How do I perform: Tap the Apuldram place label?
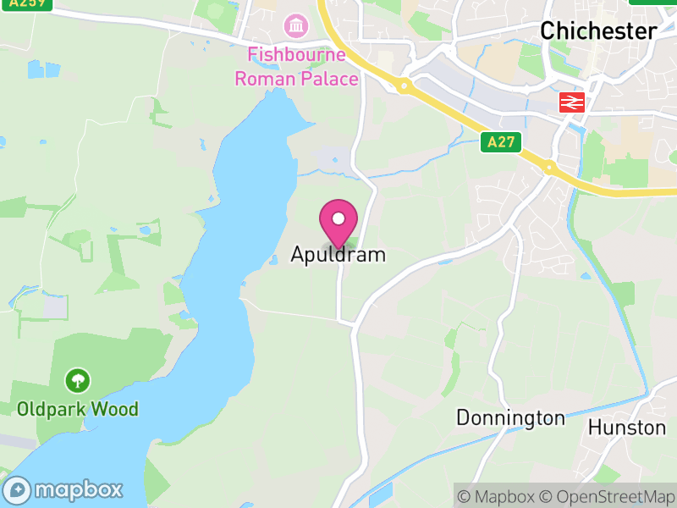pyautogui.click(x=338, y=254)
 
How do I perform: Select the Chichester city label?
pyautogui.click(x=598, y=31)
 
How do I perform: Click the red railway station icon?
pyautogui.click(x=573, y=102)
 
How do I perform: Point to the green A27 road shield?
pyautogui.click(x=500, y=142)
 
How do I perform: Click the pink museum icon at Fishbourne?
pyautogui.click(x=296, y=26)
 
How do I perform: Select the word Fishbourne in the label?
pyautogui.click(x=296, y=55)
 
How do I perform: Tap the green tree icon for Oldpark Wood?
pyautogui.click(x=77, y=379)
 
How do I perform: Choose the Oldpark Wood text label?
pyautogui.click(x=77, y=410)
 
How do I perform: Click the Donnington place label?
pyautogui.click(x=510, y=417)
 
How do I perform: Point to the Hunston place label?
pyautogui.click(x=627, y=427)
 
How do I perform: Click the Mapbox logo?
pyautogui.click(x=64, y=489)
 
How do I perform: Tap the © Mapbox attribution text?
pyautogui.click(x=497, y=496)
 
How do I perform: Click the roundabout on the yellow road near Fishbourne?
pyautogui.click(x=405, y=86)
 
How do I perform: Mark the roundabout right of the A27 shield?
pyautogui.click(x=549, y=166)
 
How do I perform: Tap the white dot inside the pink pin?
pyautogui.click(x=338, y=218)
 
